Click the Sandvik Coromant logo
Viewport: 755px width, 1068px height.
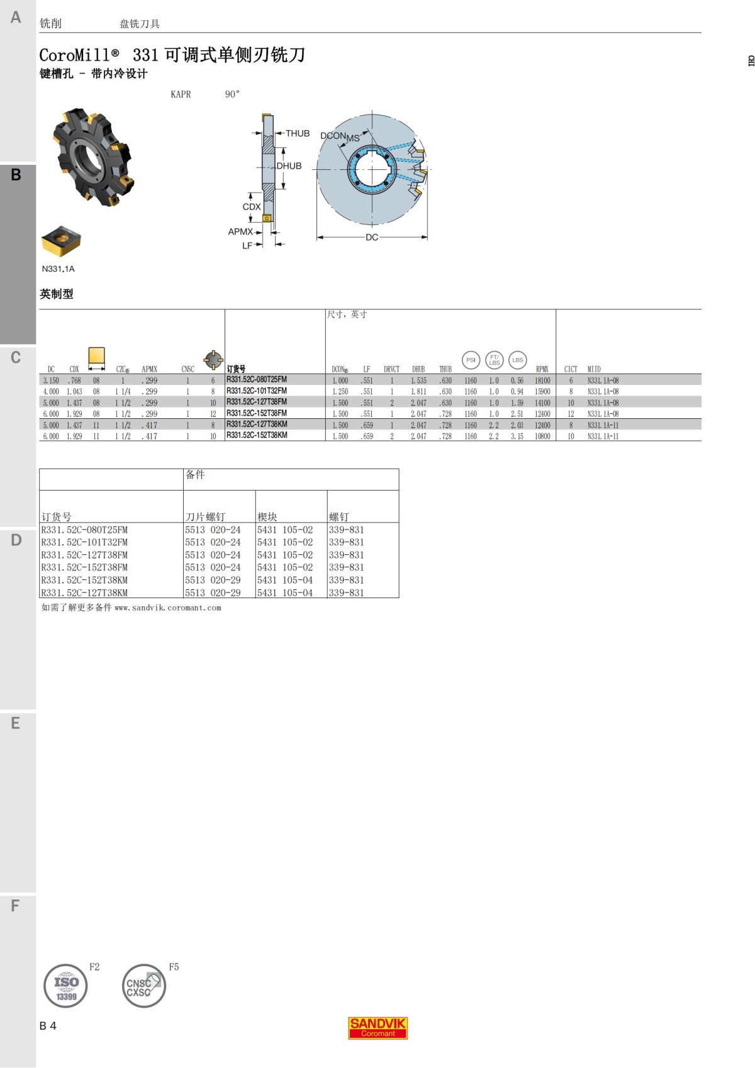pos(377,1028)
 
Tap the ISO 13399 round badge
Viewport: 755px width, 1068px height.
pos(65,986)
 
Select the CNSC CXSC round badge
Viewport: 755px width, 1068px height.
pos(143,986)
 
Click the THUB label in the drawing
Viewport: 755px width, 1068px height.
pos(298,133)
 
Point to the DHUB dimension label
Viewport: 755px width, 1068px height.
pos(289,166)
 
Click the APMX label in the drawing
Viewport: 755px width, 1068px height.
pos(240,231)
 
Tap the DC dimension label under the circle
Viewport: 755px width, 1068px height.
pos(372,237)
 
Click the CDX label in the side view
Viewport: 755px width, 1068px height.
pos(251,206)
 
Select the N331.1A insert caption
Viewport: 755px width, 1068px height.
pos(58,269)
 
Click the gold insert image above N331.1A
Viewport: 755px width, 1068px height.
pos(61,242)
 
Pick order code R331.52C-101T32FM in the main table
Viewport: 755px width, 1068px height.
pos(257,391)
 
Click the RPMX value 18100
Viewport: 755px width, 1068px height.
pos(542,381)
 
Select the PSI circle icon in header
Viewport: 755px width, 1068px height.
pos(471,360)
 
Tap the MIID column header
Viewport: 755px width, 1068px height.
pos(594,369)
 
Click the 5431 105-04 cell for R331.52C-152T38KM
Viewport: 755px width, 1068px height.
pos(284,580)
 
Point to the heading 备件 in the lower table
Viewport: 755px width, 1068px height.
pos(195,475)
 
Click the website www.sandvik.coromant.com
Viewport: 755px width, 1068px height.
pos(168,608)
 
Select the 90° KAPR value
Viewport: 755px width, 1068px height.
pos(232,94)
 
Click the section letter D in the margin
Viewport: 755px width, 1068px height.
pos(16,540)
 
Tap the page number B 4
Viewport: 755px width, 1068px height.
pos(48,1025)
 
